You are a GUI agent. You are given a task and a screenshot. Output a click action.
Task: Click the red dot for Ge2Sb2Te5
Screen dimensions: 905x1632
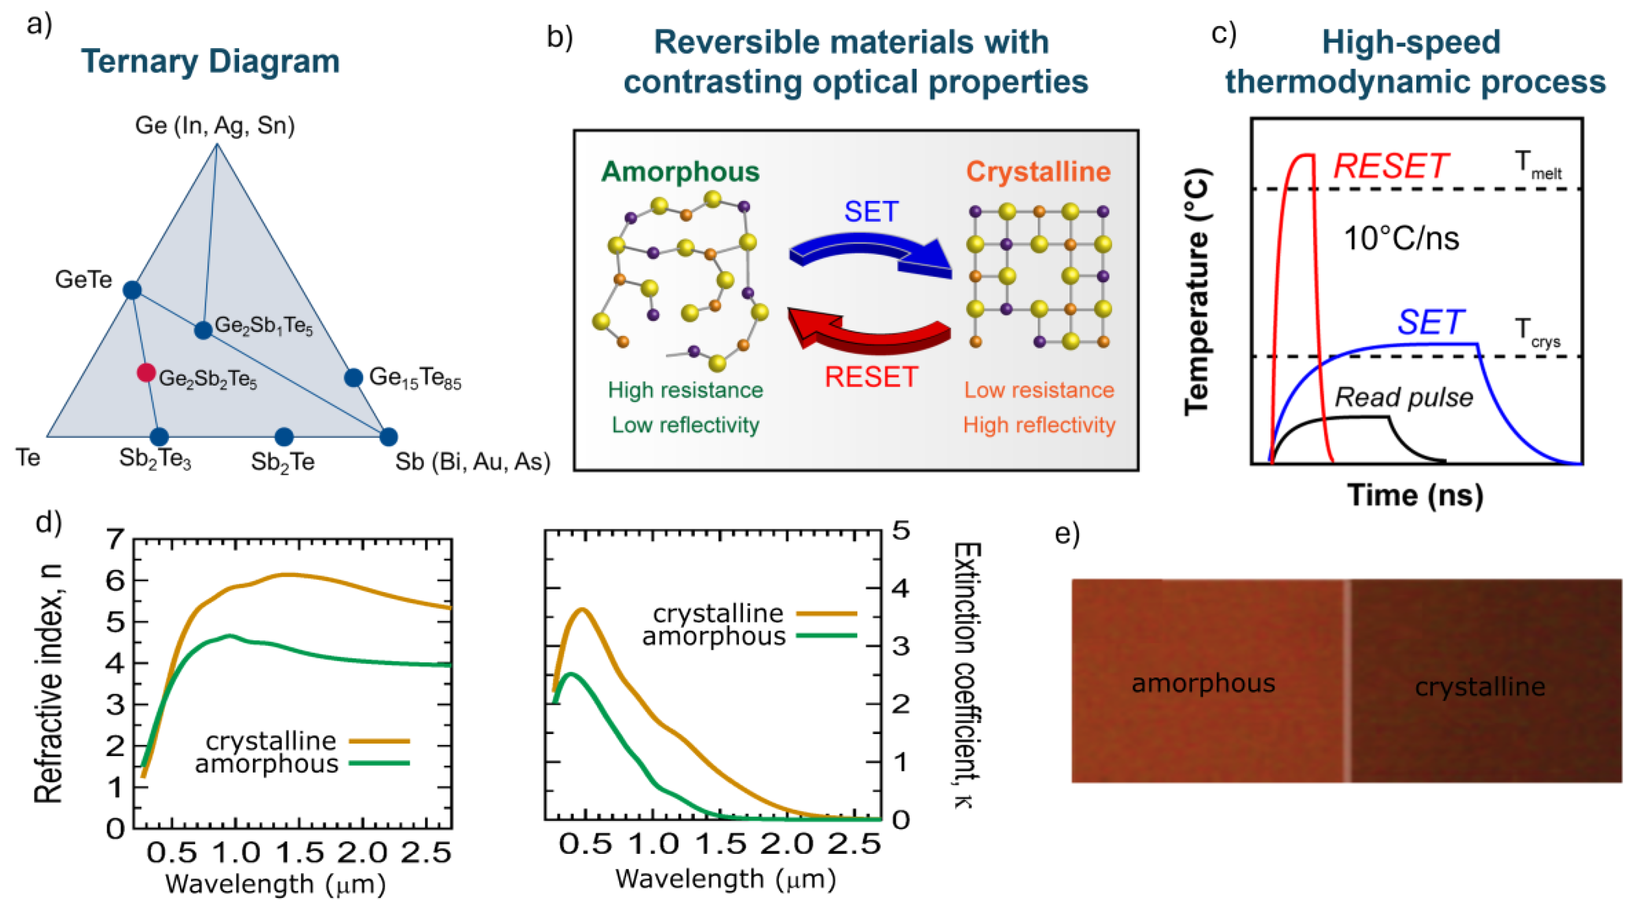(x=146, y=373)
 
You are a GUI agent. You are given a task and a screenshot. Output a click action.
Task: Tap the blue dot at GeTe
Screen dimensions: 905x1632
(x=132, y=290)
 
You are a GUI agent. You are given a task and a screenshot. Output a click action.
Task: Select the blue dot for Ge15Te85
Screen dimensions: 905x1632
(x=353, y=378)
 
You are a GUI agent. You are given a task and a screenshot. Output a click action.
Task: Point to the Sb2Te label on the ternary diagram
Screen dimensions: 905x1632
(x=283, y=462)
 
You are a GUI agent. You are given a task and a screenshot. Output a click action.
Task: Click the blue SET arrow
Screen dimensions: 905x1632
(x=870, y=254)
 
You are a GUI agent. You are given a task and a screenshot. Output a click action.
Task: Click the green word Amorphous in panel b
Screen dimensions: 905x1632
(x=680, y=172)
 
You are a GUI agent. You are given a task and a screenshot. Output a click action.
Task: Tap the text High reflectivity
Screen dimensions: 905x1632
(x=1039, y=425)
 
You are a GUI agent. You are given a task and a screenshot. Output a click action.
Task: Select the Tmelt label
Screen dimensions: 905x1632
(x=1538, y=165)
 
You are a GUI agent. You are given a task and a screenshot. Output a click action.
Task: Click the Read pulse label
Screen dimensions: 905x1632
(x=1404, y=398)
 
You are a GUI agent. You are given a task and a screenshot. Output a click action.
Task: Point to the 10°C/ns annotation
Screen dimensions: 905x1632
(x=1401, y=239)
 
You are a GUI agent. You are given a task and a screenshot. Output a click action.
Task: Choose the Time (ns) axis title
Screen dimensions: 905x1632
(x=1415, y=495)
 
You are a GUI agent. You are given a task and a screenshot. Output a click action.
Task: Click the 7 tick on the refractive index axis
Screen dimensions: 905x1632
(x=116, y=540)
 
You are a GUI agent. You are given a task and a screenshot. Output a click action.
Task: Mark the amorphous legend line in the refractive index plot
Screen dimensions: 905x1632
(x=380, y=763)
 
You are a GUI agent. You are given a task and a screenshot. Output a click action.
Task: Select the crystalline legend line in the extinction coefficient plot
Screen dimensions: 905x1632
(x=826, y=614)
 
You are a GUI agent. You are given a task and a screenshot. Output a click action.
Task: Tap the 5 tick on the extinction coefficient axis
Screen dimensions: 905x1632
(x=901, y=530)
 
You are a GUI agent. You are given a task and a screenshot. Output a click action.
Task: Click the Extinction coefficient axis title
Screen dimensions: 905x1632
(x=967, y=674)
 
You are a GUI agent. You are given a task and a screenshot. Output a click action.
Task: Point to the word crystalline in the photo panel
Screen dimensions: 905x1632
(x=1480, y=687)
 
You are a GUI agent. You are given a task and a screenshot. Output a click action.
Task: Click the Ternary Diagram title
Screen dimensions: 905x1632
(x=211, y=62)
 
